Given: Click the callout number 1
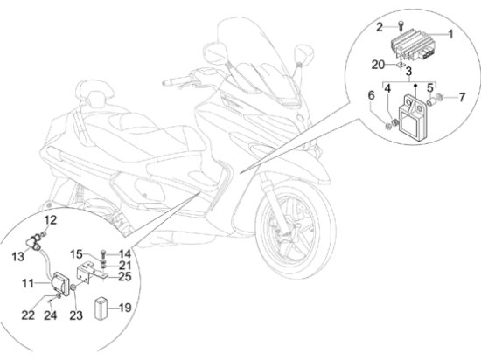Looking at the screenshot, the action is tap(450, 34).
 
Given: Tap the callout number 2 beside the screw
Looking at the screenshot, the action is tap(380, 27).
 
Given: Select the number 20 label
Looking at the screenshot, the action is tap(378, 65).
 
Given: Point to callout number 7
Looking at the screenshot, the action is tap(462, 98).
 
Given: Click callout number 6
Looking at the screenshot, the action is tap(371, 95).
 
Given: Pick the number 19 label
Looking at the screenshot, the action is tap(125, 308).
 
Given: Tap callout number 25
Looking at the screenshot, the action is tap(125, 277).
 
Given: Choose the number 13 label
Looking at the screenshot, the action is tap(17, 256).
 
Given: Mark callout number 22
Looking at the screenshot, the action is tap(28, 315).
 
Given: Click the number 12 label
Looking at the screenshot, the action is tap(51, 220).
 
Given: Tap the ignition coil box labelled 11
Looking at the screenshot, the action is tap(61, 284).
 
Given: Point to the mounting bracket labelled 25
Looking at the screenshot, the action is tap(91, 273).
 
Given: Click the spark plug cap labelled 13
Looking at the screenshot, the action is tap(34, 241).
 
